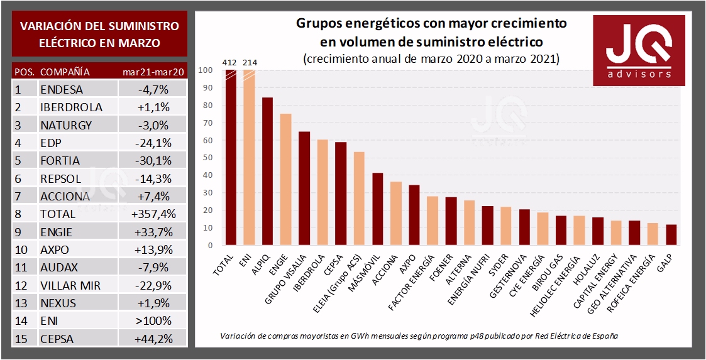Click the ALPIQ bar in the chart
[x=267, y=171]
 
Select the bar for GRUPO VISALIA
[x=304, y=188]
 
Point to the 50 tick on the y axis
[x=207, y=158]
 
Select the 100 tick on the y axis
[x=205, y=70]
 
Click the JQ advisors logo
[x=639, y=50]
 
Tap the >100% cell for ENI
[x=153, y=321]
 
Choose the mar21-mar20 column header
[x=153, y=72]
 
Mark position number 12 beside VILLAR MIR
[x=20, y=285]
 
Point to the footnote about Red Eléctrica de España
[x=419, y=335]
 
